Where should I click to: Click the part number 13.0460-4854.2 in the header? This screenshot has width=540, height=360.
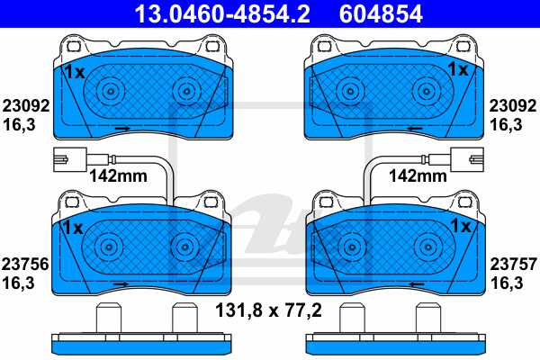[x=221, y=13]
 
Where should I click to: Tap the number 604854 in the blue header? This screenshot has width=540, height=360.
[x=381, y=13]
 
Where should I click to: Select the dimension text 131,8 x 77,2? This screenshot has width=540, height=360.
[x=268, y=310]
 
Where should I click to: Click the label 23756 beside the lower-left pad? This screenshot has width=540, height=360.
[x=25, y=265]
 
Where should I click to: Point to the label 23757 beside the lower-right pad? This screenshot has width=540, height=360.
[x=514, y=265]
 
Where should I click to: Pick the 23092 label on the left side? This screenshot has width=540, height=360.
[x=26, y=106]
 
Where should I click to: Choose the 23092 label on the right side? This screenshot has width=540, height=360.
[x=513, y=106]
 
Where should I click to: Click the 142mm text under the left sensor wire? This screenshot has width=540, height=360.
[x=118, y=176]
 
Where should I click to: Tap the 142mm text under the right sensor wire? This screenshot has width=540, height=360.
[x=418, y=176]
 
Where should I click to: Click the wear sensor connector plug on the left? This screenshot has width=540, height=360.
[x=70, y=159]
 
